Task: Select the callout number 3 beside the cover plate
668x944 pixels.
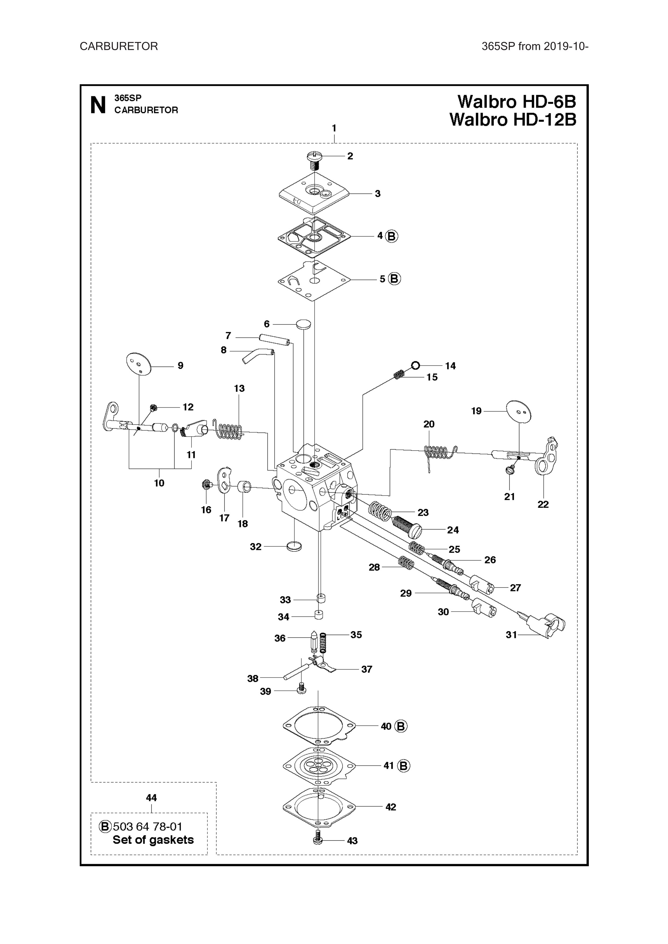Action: pos(377,194)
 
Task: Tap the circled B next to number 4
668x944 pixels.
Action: pos(392,236)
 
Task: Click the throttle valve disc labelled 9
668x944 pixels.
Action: pos(139,364)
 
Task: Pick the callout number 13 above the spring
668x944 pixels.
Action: pos(239,388)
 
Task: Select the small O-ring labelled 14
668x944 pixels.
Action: pos(415,365)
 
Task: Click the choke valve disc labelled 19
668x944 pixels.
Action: pos(519,412)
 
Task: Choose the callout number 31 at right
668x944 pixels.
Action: pos(511,635)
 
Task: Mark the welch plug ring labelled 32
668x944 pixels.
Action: pos(294,547)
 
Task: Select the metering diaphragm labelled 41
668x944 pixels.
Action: pos(319,765)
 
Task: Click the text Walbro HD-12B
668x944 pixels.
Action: pos(513,120)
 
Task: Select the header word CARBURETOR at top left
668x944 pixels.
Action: pos(119,47)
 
